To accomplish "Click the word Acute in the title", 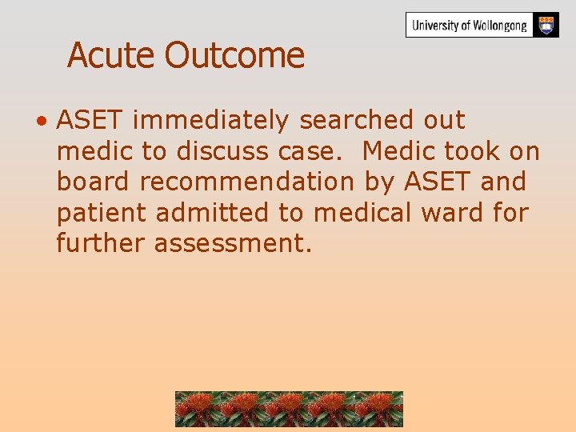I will tap(112, 55).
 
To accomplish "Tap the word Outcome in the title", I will tap(234, 55).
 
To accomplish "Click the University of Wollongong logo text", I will tap(470, 26).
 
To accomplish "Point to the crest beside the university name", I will tap(546, 25).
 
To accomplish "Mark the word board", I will tap(94, 182).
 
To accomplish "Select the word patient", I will tap(102, 213).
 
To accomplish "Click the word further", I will tap(101, 243).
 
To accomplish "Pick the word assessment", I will tap(233, 244).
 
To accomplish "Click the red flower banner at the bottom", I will tap(289, 409).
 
